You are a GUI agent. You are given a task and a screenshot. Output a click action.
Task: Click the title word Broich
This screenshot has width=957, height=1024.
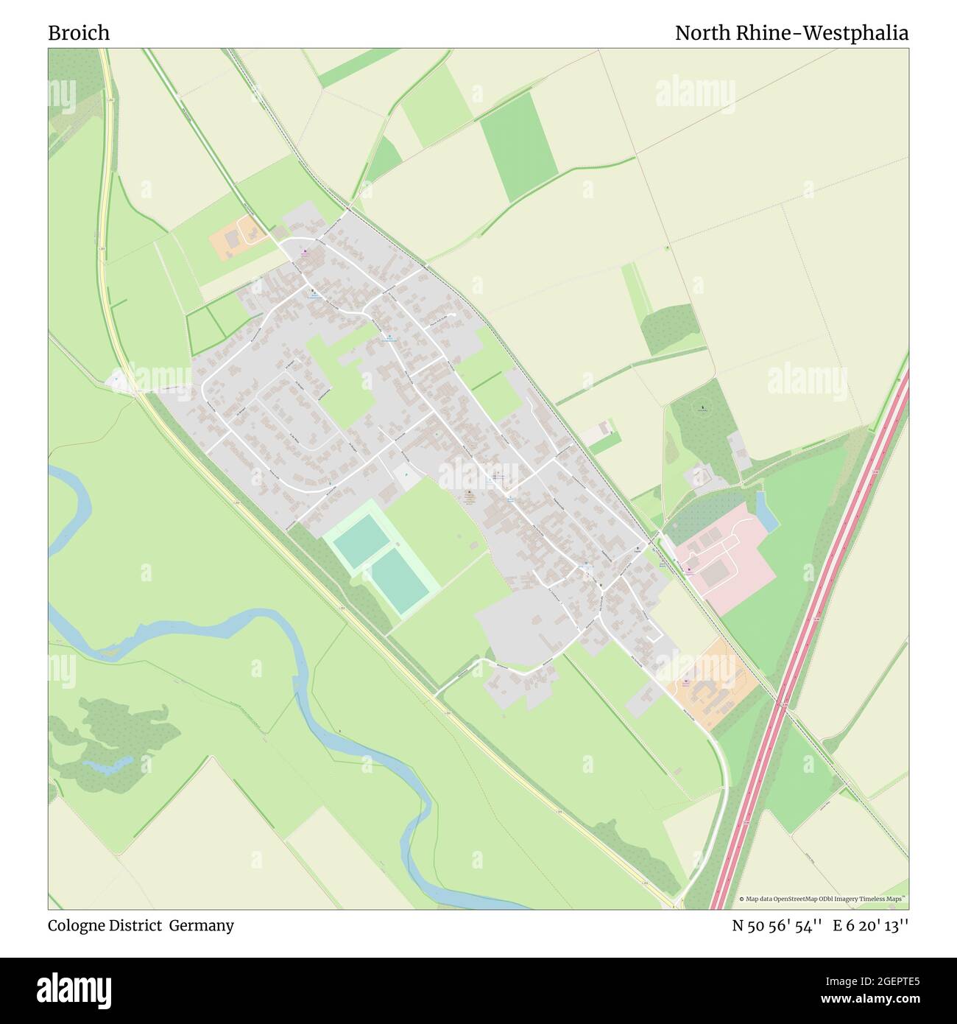[79, 33]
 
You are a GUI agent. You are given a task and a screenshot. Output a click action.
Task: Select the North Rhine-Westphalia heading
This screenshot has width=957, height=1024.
[791, 33]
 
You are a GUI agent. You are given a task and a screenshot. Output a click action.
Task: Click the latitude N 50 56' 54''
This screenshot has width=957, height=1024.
[777, 926]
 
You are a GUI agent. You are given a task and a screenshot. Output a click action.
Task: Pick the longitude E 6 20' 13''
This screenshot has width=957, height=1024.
[870, 926]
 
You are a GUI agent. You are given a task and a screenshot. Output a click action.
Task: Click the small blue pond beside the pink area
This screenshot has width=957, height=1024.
[766, 511]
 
